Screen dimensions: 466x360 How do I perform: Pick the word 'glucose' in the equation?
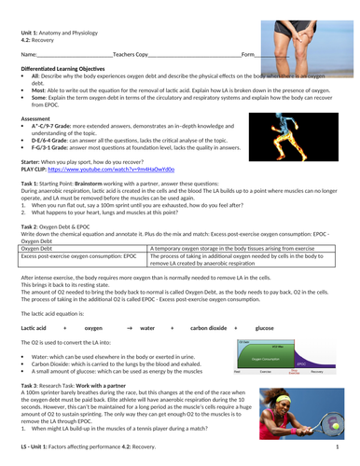point(265,328)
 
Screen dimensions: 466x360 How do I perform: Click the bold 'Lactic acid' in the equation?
point(34,328)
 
